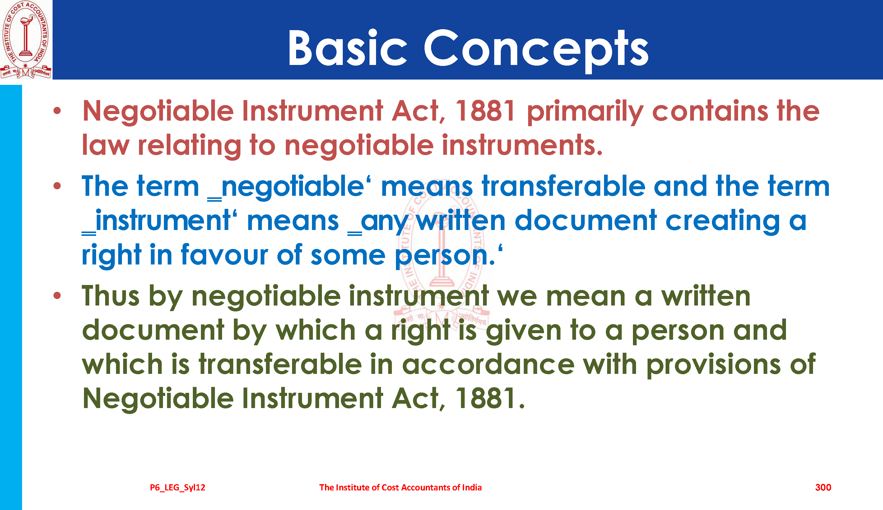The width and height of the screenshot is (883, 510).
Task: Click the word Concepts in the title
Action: coord(536,51)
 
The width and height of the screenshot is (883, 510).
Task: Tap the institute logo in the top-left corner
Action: coord(26,39)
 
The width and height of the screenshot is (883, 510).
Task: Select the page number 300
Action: coord(823,487)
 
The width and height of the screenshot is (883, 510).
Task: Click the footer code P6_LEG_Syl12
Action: coord(178,488)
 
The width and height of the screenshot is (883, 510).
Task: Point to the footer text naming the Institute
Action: coord(400,487)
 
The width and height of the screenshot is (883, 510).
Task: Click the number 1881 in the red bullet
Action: coord(485,111)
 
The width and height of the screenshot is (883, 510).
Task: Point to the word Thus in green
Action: coord(111,296)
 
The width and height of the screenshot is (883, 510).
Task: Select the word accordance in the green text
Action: coord(488,364)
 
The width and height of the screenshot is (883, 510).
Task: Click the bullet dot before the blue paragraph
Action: coord(57,186)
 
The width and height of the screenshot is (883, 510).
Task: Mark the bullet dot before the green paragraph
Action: coord(57,296)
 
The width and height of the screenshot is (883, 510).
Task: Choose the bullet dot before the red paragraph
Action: coord(57,111)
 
